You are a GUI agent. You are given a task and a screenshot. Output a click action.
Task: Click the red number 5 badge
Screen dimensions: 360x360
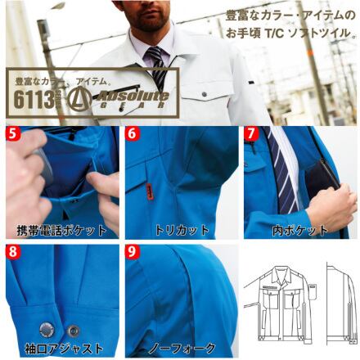(10, 132)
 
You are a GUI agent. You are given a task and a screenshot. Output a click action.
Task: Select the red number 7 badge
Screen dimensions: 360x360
(251, 132)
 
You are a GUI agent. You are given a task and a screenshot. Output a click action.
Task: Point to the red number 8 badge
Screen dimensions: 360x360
(10, 251)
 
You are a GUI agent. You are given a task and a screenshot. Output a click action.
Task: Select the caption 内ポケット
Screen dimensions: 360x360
(300, 230)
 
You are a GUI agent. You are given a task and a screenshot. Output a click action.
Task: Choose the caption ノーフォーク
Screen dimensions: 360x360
(182, 348)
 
